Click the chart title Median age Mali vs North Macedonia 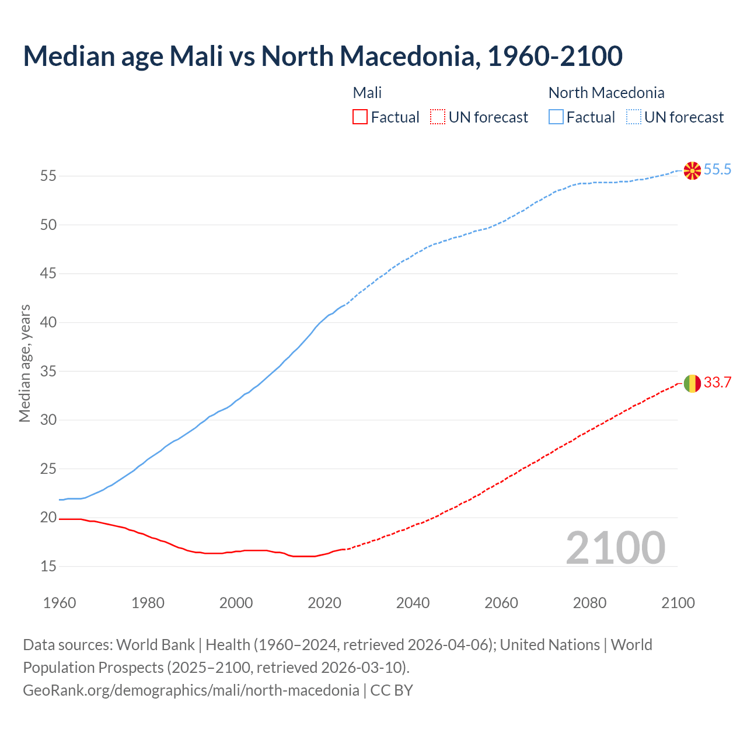point(322,56)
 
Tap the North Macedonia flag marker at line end point(692,170)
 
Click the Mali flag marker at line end point(692,383)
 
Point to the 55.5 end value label point(717,170)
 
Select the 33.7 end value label point(717,383)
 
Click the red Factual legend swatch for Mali point(360,117)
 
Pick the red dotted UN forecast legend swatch point(438,117)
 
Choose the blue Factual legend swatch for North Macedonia point(556,117)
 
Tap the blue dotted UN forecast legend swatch point(634,117)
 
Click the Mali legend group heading point(367,93)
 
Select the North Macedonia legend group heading point(606,93)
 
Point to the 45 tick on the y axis point(48,273)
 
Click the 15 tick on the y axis point(48,566)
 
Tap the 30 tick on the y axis point(48,420)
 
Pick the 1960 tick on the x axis point(60,603)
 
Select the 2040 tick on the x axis point(413,603)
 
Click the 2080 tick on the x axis point(589,603)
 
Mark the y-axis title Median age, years point(25,363)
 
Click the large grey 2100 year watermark point(616,547)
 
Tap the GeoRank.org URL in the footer point(191,690)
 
